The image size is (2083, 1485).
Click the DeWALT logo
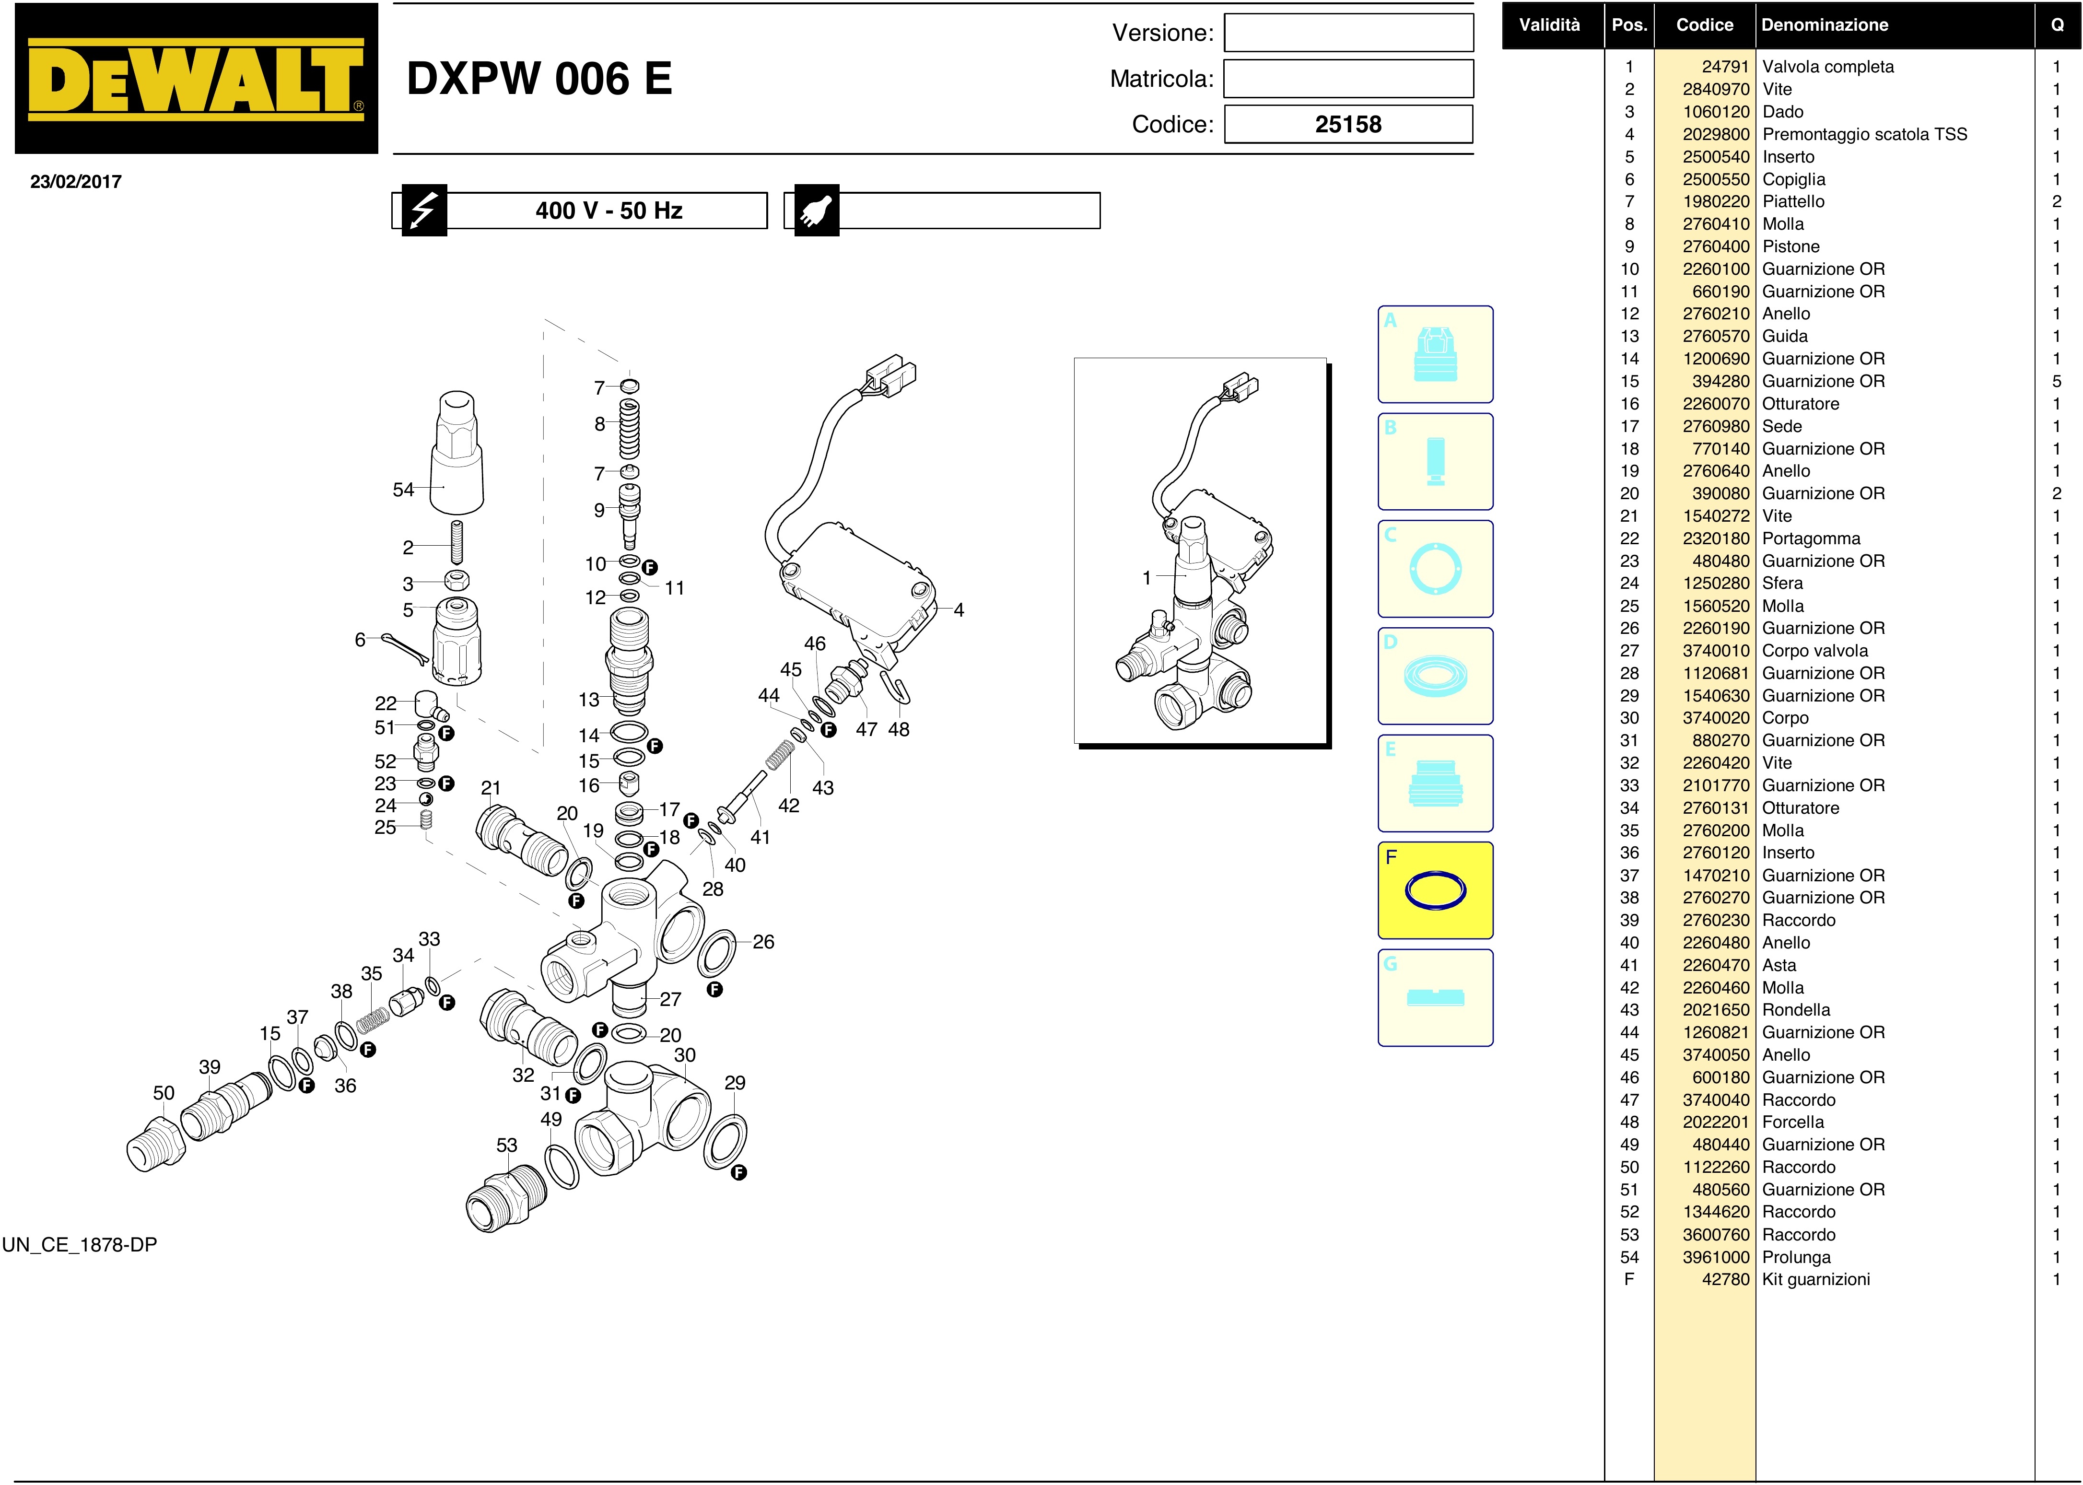196,79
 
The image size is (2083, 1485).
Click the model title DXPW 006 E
539,79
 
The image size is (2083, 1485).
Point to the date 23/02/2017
76,181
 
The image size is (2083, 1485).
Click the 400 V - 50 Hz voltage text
609,210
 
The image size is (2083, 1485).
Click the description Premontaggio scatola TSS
1864,134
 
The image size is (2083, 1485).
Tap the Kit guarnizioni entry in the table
1816,1279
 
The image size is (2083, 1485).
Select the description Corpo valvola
1815,651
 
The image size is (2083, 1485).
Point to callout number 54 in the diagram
403,489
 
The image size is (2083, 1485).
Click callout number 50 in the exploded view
164,1093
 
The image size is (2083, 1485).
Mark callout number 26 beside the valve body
763,942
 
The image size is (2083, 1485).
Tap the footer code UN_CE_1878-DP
80,1244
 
